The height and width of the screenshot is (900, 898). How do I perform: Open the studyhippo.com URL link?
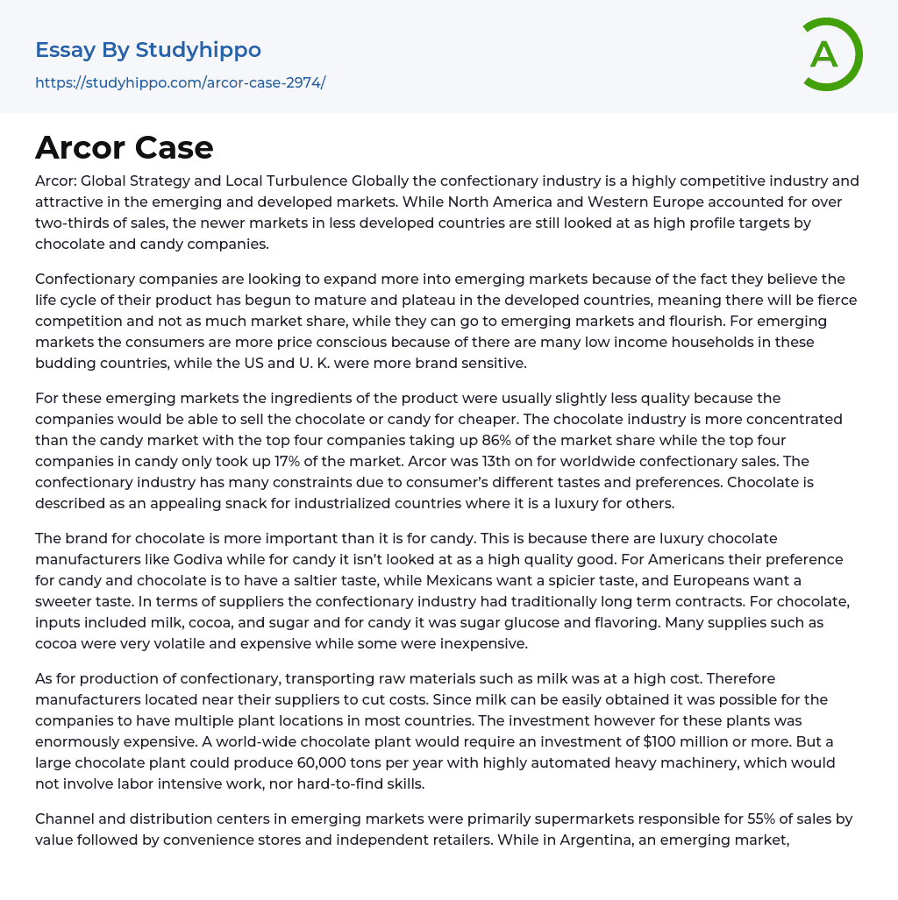[180, 82]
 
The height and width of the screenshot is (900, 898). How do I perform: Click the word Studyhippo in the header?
[198, 50]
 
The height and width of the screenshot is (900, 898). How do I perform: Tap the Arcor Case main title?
[125, 147]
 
